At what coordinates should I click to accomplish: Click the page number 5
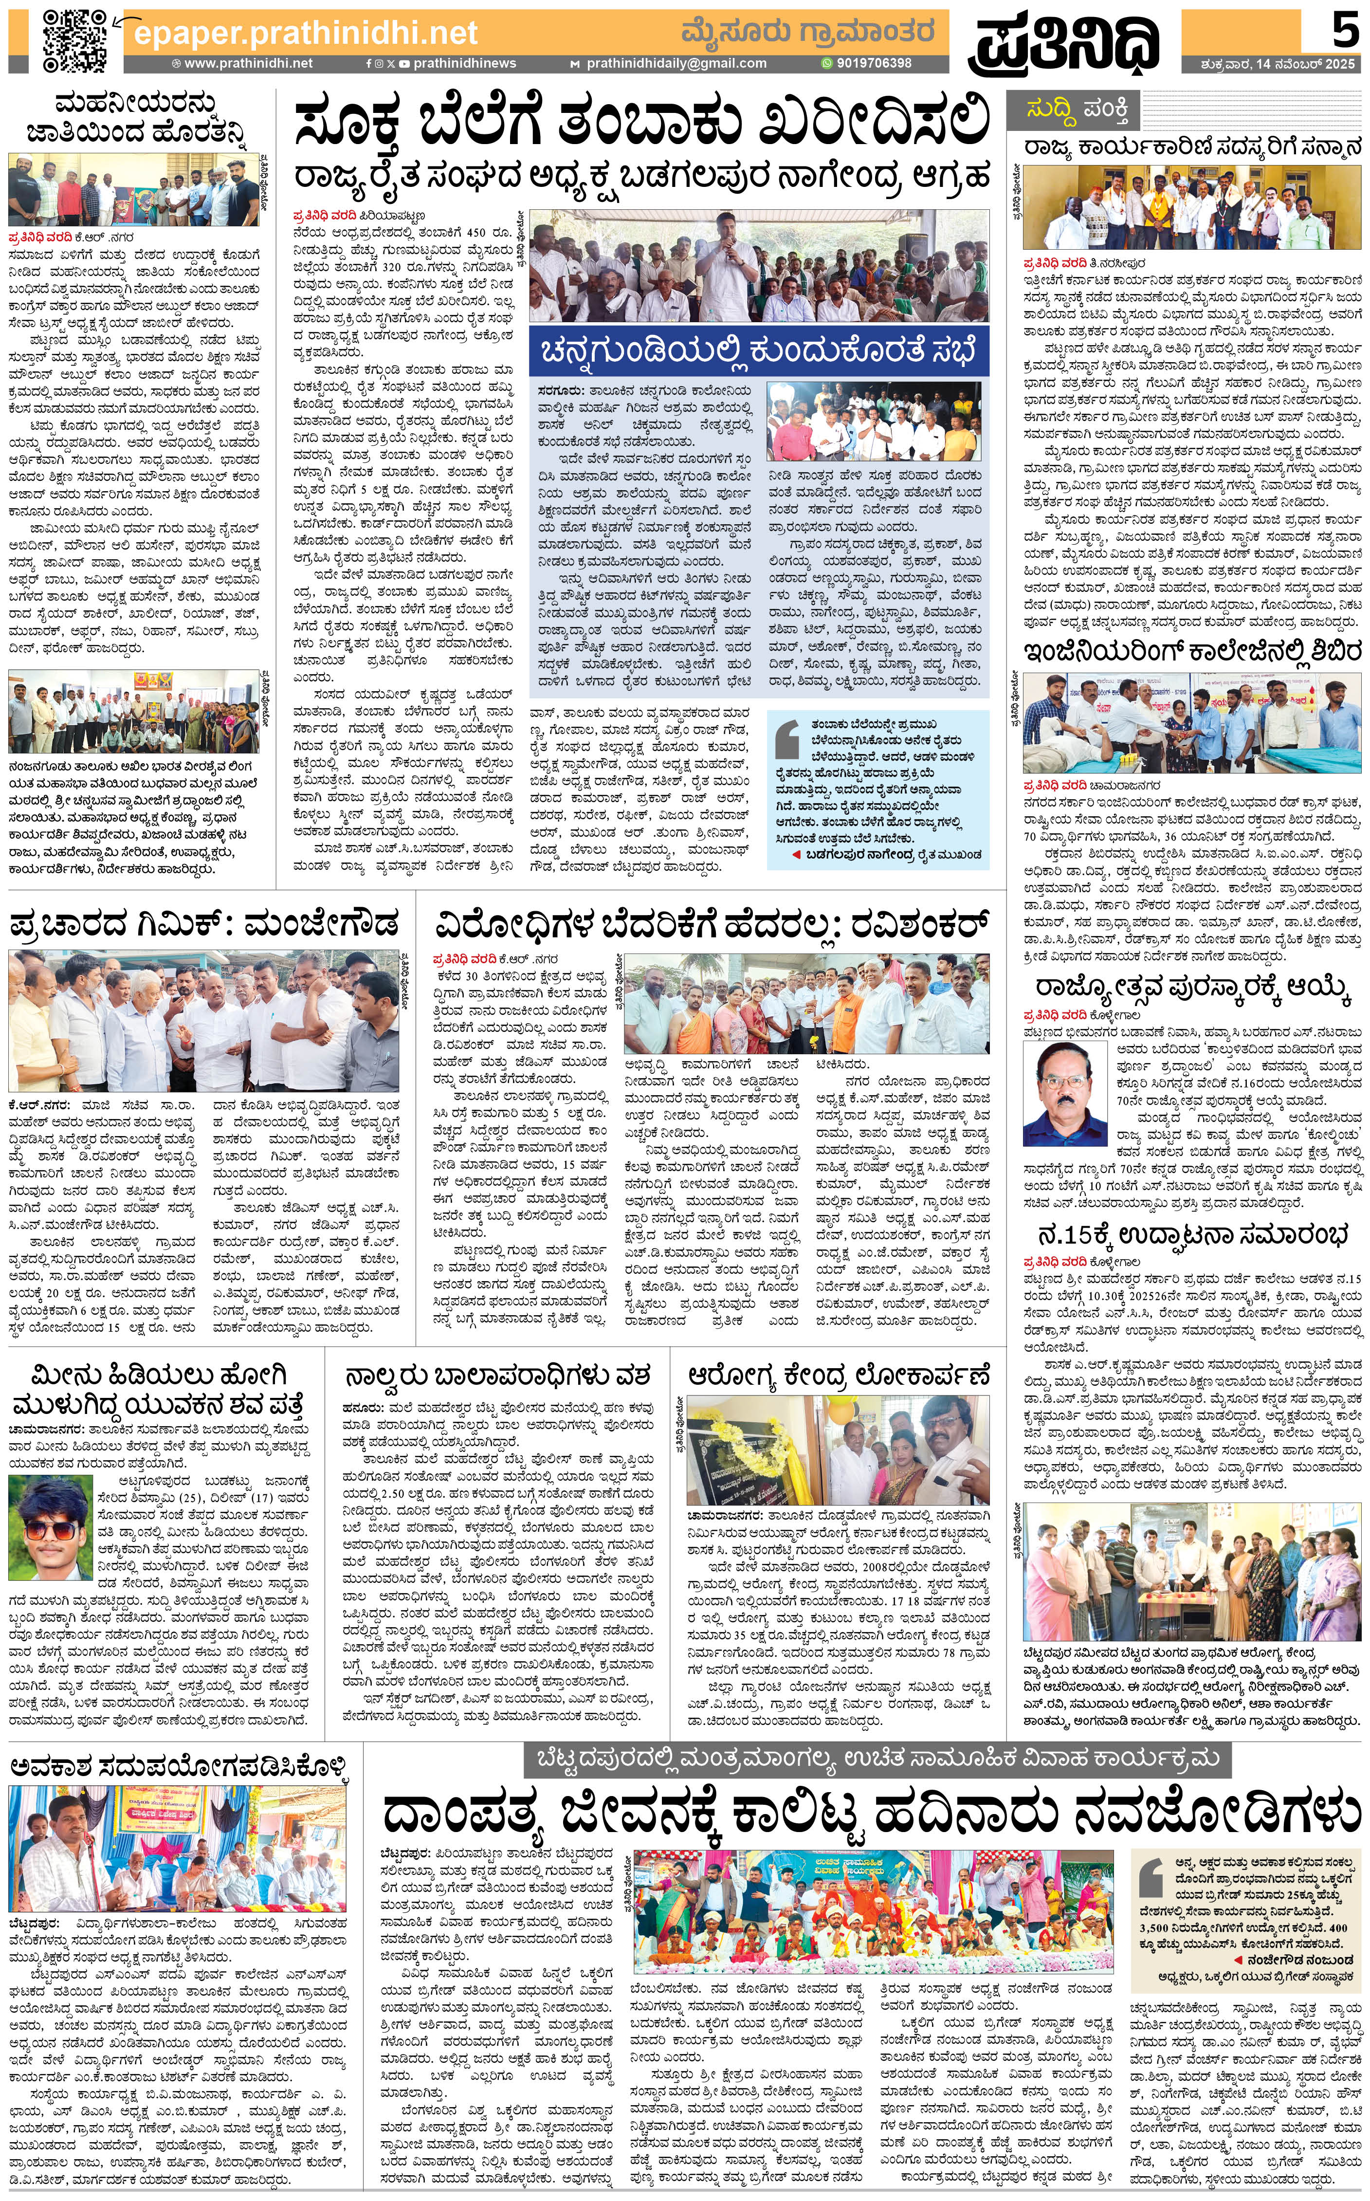[x=1344, y=31]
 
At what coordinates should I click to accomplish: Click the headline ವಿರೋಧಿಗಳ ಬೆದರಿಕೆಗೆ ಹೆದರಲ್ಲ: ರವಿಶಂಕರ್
[x=711, y=926]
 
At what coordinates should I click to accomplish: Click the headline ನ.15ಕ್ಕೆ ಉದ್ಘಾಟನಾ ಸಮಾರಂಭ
[x=1193, y=1235]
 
